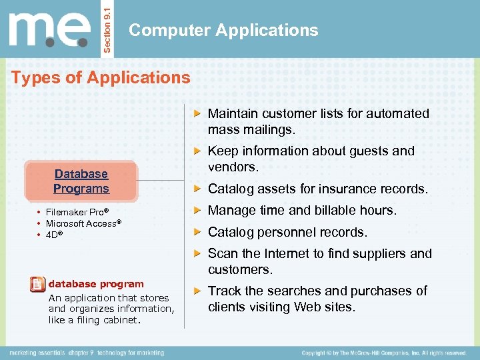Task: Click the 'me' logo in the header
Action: tap(50, 30)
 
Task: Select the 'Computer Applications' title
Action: tap(223, 30)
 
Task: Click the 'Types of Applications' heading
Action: tap(101, 77)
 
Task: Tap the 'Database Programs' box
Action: tap(81, 181)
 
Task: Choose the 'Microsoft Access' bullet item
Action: tap(81, 223)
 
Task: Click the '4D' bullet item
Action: tap(54, 235)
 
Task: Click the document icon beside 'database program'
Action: tap(38, 285)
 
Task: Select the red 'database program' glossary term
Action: tap(96, 284)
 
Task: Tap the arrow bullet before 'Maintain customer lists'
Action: tap(197, 114)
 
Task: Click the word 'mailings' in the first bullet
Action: tap(271, 129)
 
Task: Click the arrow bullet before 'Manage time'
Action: tap(197, 211)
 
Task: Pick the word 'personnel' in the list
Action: tap(287, 232)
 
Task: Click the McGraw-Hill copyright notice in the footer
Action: tap(383, 352)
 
